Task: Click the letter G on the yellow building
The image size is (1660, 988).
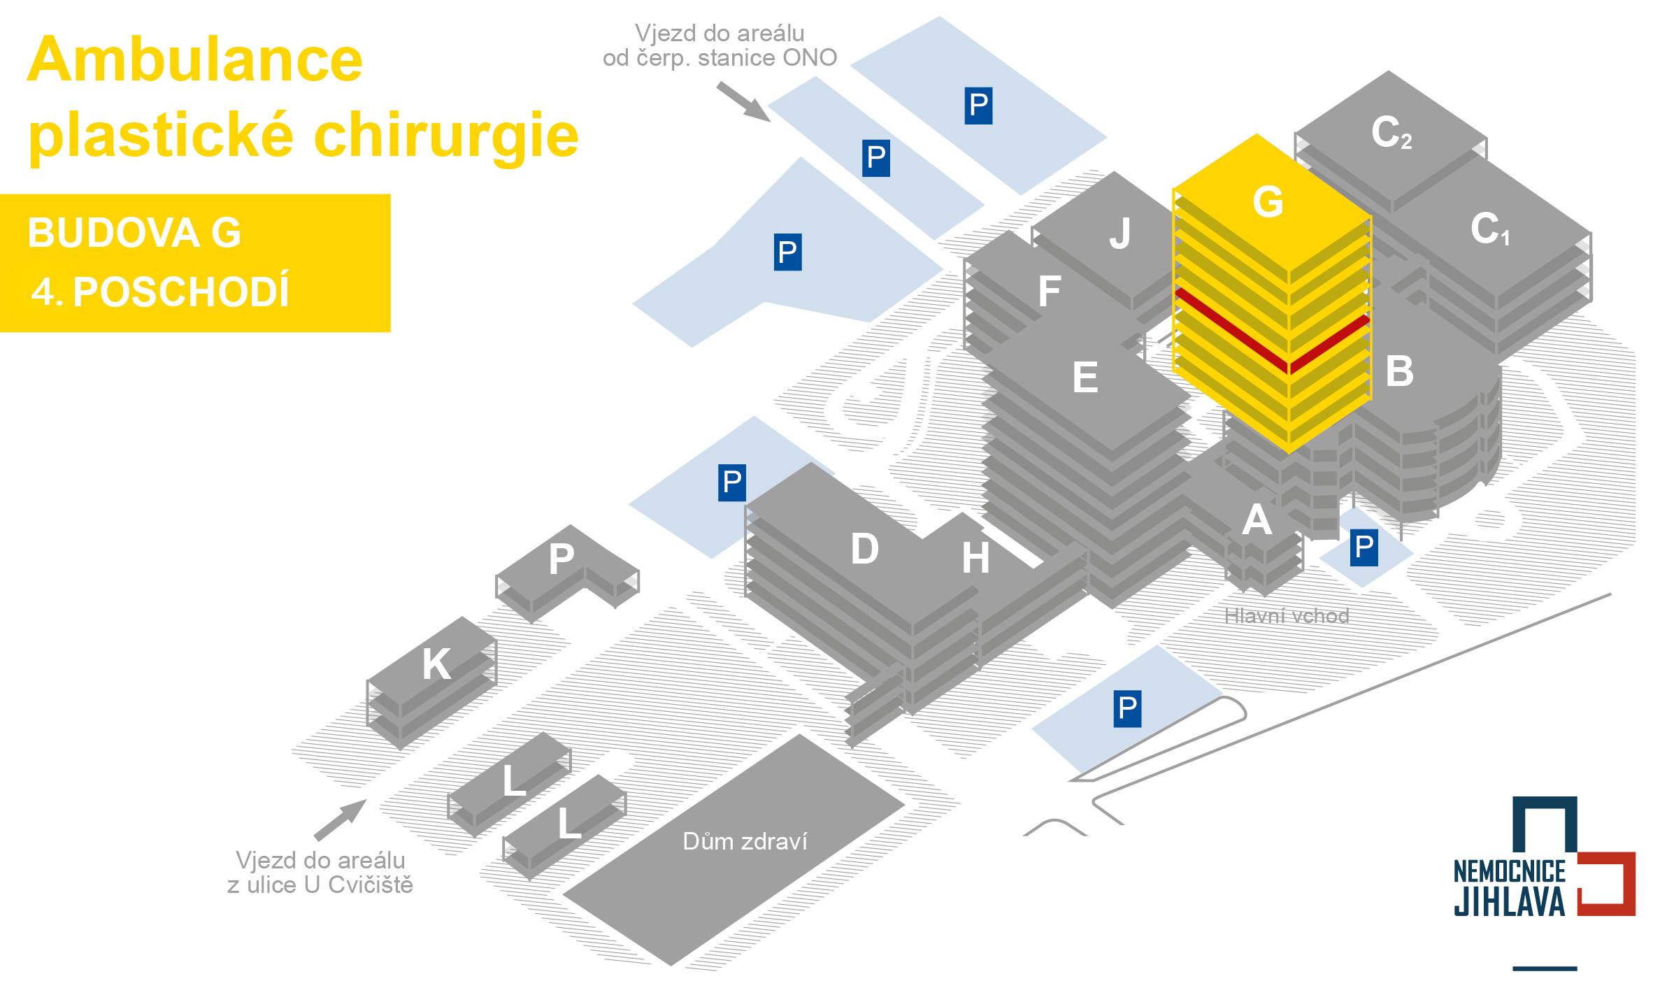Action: (x=1268, y=202)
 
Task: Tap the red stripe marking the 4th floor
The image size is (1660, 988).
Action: (x=1231, y=329)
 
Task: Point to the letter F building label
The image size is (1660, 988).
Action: (x=1050, y=292)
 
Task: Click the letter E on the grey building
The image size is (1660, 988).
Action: (x=1085, y=378)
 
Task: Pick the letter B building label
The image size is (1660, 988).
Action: (x=1400, y=371)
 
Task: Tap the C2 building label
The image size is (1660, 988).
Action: (x=1391, y=132)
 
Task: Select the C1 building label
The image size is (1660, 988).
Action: (x=1489, y=229)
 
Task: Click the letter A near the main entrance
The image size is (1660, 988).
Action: (x=1257, y=520)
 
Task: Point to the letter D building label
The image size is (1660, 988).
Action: (x=865, y=549)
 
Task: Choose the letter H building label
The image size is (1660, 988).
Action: (x=976, y=558)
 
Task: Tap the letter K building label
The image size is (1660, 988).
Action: (x=436, y=664)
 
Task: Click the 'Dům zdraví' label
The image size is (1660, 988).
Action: (x=745, y=841)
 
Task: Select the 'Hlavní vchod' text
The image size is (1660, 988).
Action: (x=1287, y=616)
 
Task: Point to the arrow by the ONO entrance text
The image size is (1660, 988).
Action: (x=743, y=101)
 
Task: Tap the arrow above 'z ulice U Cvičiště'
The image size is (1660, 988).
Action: (x=341, y=819)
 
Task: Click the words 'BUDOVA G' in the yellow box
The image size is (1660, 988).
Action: (x=134, y=233)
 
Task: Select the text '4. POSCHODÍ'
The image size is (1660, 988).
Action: (x=160, y=292)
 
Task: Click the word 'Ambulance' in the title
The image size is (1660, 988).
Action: (x=195, y=60)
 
